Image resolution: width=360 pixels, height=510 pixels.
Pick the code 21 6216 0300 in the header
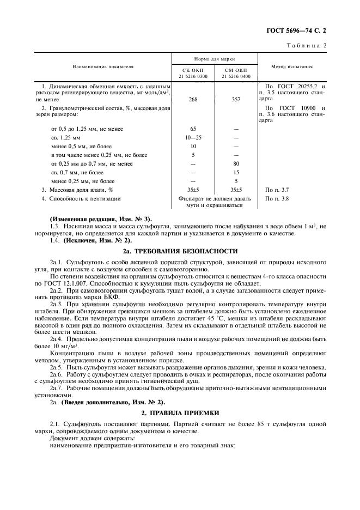point(193,76)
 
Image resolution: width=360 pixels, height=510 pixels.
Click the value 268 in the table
point(193,100)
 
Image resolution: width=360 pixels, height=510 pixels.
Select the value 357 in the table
point(236,100)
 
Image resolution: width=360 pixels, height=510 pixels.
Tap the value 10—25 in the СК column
point(193,137)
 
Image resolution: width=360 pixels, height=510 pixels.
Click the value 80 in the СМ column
point(236,163)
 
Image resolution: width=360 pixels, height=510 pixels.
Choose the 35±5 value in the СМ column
point(236,190)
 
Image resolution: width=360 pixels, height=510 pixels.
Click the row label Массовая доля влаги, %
point(81,190)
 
